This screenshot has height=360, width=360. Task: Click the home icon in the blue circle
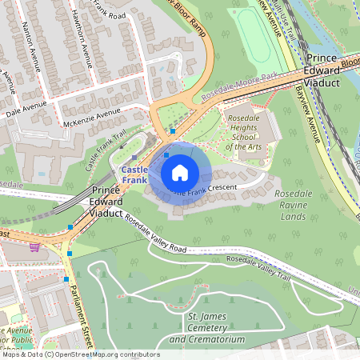click(180, 172)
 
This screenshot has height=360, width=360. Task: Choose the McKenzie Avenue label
click(92, 117)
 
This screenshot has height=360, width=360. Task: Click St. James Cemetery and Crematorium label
click(206, 329)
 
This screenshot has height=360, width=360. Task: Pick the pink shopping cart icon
click(34, 247)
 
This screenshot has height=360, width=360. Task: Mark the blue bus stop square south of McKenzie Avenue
click(172, 130)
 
